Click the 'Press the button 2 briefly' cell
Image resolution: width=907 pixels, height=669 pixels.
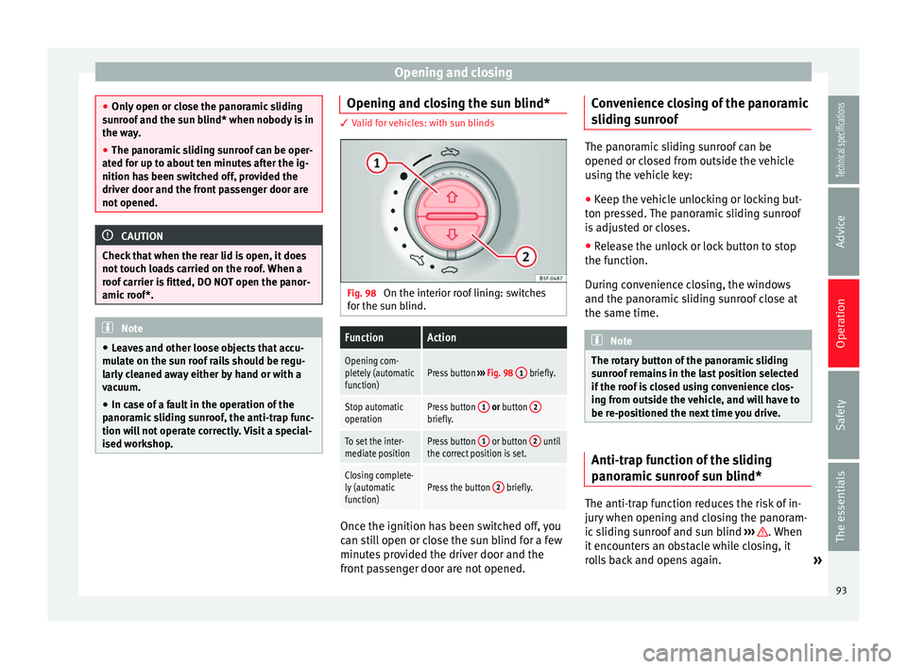coord(493,487)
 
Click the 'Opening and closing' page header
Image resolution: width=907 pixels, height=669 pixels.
coord(453,73)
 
